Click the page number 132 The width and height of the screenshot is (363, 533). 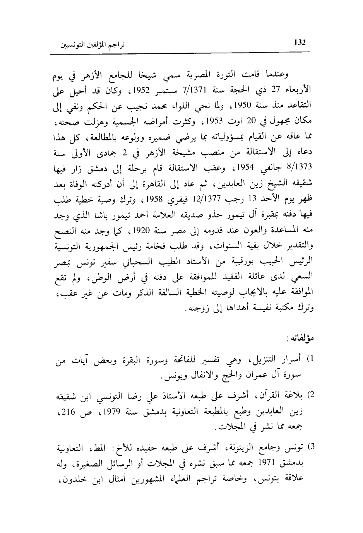point(300,43)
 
